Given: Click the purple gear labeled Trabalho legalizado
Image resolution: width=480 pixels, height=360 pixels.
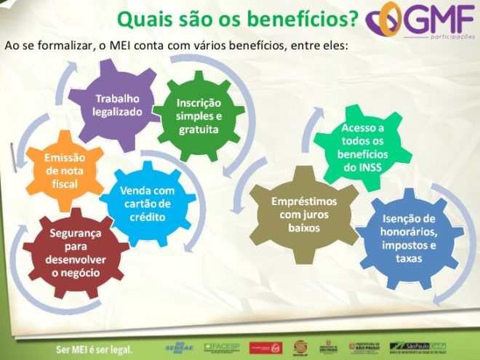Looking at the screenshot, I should [x=116, y=105].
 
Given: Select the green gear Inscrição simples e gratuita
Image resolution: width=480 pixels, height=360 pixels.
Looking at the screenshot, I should [x=199, y=116].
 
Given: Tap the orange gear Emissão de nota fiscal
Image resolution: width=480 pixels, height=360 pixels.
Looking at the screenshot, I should [x=65, y=171].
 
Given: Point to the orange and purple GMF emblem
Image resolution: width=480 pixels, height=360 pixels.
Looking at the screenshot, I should [x=383, y=20].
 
